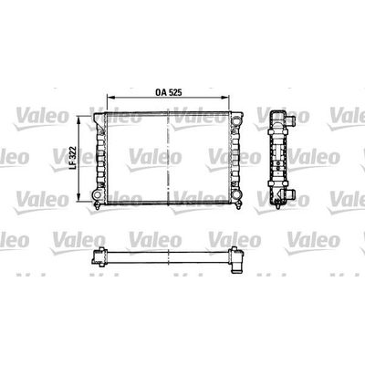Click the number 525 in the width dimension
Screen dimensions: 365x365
tap(175, 92)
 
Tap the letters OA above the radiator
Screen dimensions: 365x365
tap(161, 92)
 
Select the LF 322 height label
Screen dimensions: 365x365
tap(72, 159)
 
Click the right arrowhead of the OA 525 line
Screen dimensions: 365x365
tap(225, 98)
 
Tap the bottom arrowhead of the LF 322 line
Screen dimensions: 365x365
tap(79, 197)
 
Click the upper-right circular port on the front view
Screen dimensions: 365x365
tap(235, 120)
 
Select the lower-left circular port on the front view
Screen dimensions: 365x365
tap(97, 194)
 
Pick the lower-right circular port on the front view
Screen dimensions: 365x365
tap(235, 194)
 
